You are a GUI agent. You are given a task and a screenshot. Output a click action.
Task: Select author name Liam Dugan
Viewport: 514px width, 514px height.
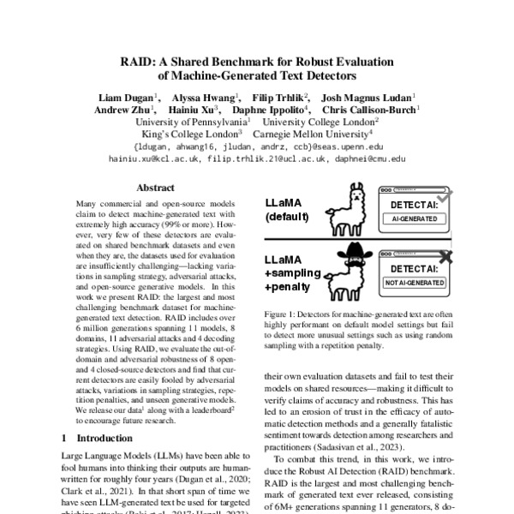[x=125, y=97]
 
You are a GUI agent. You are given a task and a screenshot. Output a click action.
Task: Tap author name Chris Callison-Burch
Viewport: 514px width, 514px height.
[x=369, y=110]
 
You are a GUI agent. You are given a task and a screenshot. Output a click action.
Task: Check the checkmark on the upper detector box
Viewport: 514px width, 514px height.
[x=445, y=194]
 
